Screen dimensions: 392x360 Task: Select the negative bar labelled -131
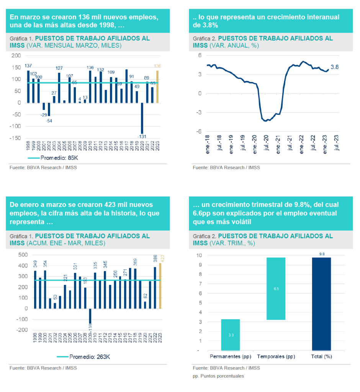click(x=142, y=118)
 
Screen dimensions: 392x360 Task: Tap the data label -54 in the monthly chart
click(x=49, y=121)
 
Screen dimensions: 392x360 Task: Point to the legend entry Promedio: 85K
click(x=54, y=158)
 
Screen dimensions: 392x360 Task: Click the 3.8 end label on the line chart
click(x=335, y=67)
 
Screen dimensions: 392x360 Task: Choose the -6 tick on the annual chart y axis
click(x=200, y=131)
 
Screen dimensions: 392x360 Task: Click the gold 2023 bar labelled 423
click(x=160, y=286)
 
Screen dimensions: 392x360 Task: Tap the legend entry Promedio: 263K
click(x=84, y=357)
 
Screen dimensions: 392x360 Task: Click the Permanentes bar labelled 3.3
click(x=231, y=335)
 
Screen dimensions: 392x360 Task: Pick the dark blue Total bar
click(x=321, y=304)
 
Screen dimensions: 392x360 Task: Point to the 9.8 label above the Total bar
click(x=322, y=254)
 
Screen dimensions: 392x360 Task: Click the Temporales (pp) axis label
click(x=276, y=357)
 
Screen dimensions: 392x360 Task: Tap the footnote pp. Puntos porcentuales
click(x=218, y=376)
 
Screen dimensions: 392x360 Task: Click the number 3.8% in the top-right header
click(x=210, y=26)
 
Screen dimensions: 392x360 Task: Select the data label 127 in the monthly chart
click(x=59, y=68)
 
